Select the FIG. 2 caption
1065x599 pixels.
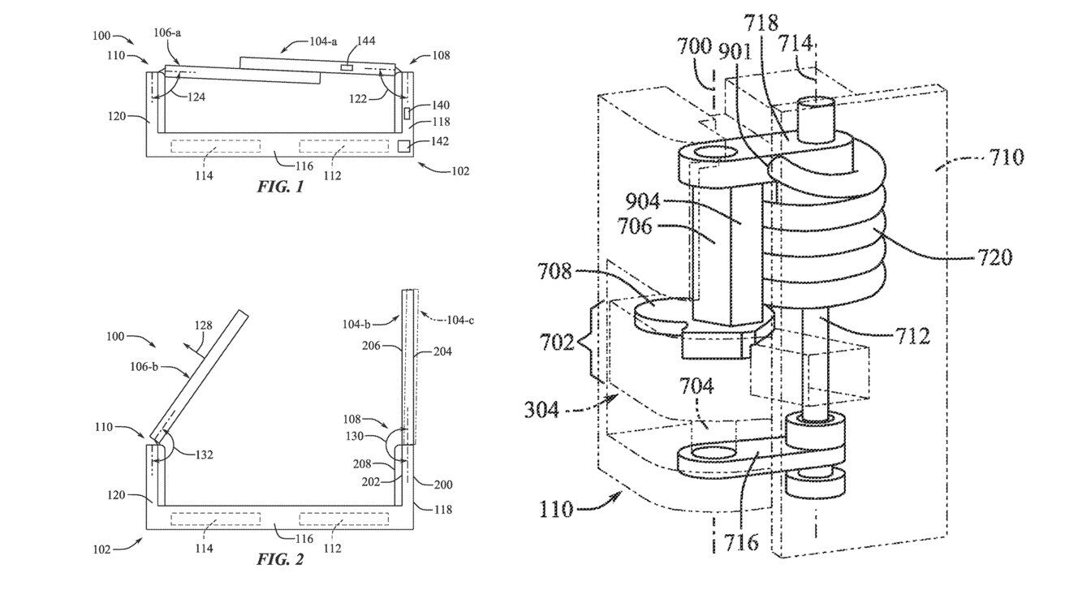click(280, 559)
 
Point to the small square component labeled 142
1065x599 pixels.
click(403, 145)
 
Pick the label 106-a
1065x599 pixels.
click(166, 32)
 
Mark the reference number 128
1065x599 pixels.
click(204, 325)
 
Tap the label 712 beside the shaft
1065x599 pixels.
click(912, 334)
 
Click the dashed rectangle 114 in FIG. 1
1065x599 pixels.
click(215, 145)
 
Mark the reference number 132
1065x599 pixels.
click(203, 455)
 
